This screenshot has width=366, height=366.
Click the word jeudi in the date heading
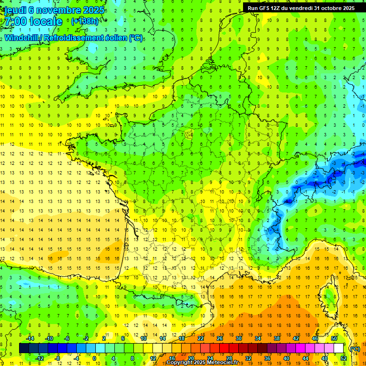pos(15,10)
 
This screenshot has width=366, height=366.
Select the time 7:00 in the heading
pos(15,22)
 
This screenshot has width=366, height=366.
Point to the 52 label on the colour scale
pos(344,358)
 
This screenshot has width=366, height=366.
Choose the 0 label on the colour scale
pos(94,358)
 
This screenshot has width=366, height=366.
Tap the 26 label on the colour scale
pos(220,338)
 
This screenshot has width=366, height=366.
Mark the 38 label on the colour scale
pos(277,338)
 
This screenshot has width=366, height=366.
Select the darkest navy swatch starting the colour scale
pos(24,348)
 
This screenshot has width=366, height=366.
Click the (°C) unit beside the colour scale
pos(355,349)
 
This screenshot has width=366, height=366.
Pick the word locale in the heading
pos(46,22)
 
